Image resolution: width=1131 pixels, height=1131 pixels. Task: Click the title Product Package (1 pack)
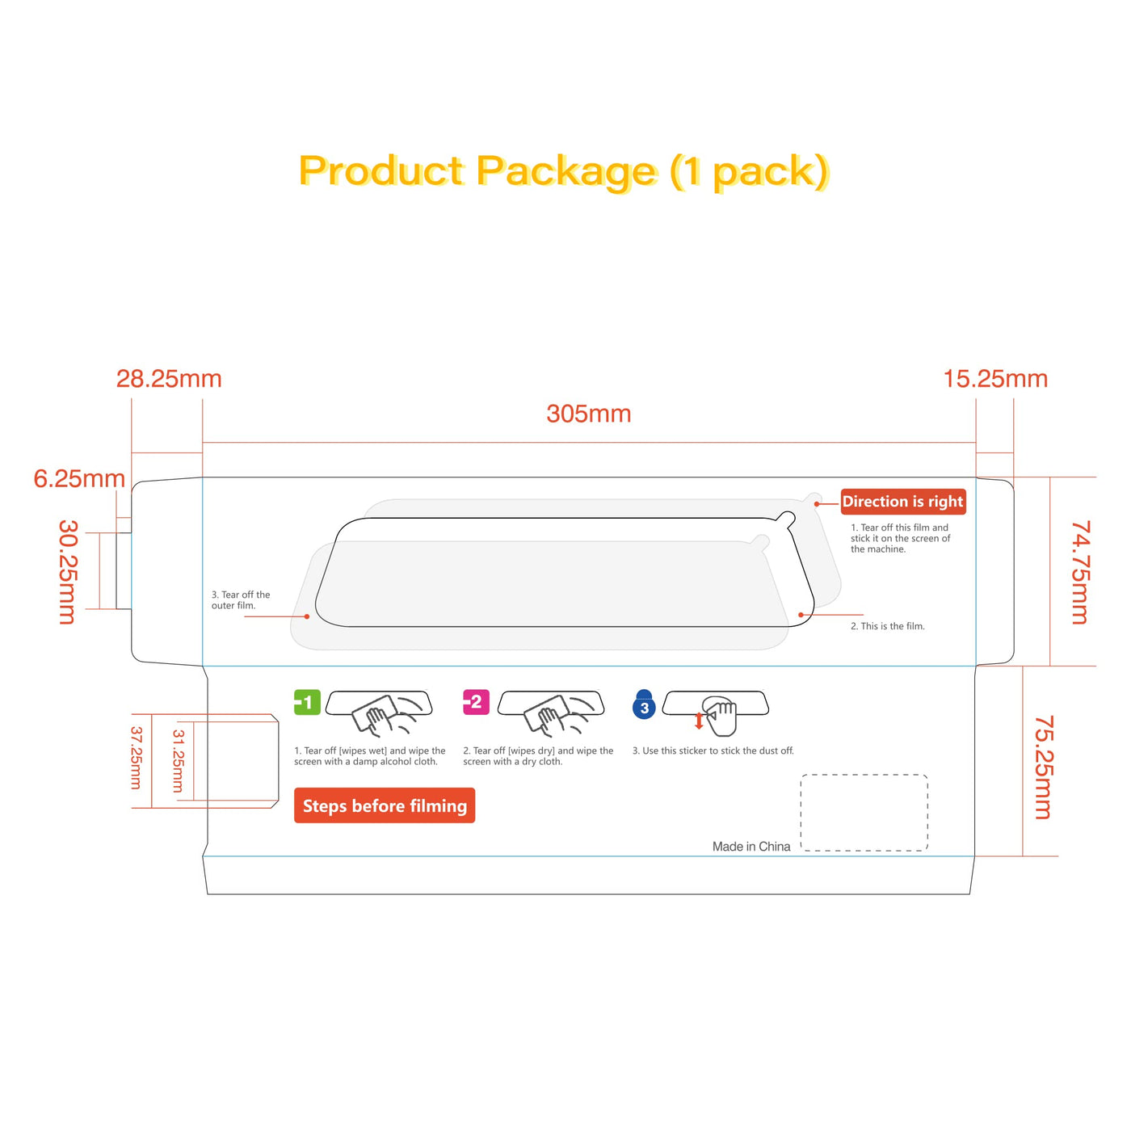pos(564,171)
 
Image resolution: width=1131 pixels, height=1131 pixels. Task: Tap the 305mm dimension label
pos(588,414)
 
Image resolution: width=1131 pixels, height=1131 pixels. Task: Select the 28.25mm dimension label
pos(169,378)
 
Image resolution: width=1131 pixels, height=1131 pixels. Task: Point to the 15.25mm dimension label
pos(995,378)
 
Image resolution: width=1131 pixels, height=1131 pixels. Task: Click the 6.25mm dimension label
pos(79,478)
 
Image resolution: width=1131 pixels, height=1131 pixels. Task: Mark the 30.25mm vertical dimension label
pos(69,571)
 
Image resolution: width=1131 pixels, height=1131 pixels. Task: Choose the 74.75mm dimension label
pos(1081,572)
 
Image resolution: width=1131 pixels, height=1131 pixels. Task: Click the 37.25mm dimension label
pos(136,757)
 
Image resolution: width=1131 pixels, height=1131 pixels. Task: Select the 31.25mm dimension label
pos(179,760)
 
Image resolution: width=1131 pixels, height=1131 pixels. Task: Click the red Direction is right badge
pos(902,502)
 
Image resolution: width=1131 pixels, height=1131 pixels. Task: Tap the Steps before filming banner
pos(385,805)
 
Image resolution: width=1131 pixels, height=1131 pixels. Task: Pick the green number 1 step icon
pos(307,702)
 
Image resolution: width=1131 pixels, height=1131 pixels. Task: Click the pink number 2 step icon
pos(476,702)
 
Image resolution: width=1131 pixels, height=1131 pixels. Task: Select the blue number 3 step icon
pos(644,705)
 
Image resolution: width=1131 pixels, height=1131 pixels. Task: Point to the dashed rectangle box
pos(864,812)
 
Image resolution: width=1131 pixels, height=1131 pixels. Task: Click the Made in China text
pos(751,847)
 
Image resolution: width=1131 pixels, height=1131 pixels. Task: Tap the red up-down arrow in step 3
pos(699,721)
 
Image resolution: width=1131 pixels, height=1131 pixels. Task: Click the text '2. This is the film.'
pos(887,626)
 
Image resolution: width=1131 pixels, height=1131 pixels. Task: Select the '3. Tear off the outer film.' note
pos(241,600)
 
